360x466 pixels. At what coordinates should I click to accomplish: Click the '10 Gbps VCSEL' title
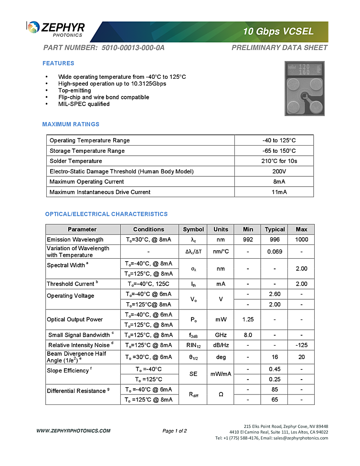(278, 32)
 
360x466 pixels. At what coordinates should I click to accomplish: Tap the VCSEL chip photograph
(304, 88)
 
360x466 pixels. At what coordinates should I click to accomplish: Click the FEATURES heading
(58, 64)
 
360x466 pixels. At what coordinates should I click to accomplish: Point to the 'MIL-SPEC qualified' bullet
(84, 104)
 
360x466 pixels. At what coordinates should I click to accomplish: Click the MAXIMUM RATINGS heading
(71, 125)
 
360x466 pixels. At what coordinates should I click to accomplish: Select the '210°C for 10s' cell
(279, 161)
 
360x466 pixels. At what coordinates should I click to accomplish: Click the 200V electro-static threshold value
(279, 171)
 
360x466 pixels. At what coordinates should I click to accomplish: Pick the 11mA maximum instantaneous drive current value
(279, 192)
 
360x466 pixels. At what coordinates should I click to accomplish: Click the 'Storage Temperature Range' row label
(87, 151)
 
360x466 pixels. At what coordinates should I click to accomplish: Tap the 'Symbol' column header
(193, 229)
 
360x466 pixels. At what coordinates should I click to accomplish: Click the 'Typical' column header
(275, 229)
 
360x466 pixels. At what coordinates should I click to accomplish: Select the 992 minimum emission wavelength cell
(248, 240)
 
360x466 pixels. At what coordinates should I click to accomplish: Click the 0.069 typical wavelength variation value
(275, 252)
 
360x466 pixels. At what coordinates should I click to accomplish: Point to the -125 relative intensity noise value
(301, 345)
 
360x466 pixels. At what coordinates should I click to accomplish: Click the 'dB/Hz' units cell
(221, 345)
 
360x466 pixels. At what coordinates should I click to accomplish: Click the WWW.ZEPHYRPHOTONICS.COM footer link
(74, 431)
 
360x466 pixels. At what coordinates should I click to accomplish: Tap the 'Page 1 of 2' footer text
(174, 431)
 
